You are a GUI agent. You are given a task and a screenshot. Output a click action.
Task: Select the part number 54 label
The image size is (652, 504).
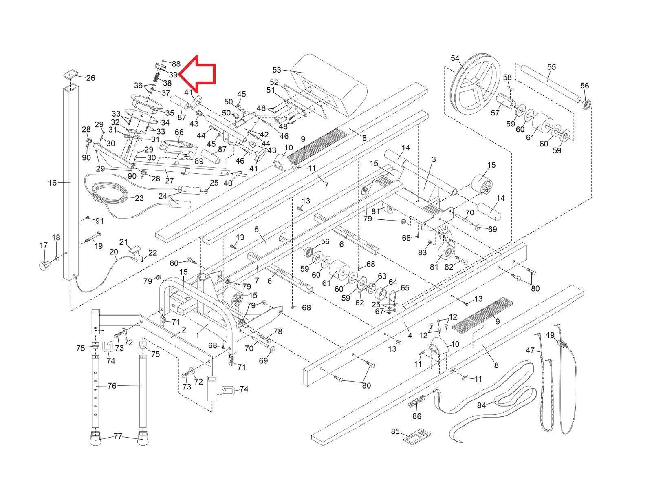coord(455,59)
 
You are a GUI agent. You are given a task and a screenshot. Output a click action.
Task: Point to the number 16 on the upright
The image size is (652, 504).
coord(52,183)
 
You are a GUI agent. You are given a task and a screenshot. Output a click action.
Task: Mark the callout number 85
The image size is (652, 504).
coord(395,432)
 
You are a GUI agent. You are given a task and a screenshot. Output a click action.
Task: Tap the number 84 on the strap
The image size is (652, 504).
coord(481,405)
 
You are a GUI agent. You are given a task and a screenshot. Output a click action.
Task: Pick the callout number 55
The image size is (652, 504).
coord(551,67)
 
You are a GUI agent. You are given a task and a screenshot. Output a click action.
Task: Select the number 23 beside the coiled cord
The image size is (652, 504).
coord(139,199)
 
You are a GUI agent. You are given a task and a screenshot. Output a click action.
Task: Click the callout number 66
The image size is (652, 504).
coord(179,132)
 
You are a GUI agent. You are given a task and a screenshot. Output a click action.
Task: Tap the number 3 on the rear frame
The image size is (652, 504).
coord(434,159)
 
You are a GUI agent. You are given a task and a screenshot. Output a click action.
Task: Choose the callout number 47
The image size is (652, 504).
coord(530,350)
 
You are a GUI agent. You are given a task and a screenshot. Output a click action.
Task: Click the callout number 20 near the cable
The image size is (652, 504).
coord(113,252)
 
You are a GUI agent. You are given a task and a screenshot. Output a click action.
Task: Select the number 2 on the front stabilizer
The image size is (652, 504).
coord(184,329)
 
